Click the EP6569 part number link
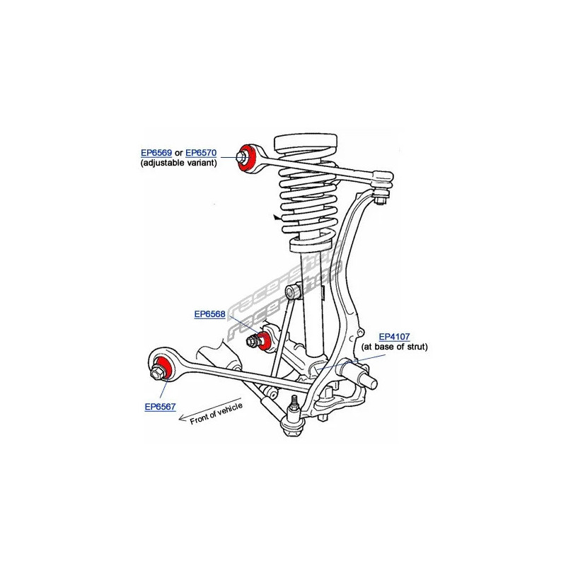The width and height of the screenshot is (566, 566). pyautogui.click(x=156, y=152)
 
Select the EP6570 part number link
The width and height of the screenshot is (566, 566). pyautogui.click(x=201, y=152)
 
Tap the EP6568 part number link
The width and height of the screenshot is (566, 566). pyautogui.click(x=210, y=315)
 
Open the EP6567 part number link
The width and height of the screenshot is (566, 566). pyautogui.click(x=161, y=407)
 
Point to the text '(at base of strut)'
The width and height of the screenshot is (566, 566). pyautogui.click(x=395, y=347)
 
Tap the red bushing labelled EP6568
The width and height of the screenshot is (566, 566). pyautogui.click(x=265, y=338)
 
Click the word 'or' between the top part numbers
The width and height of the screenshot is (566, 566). pyautogui.click(x=179, y=152)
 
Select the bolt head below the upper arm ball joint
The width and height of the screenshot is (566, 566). pyautogui.click(x=381, y=201)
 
